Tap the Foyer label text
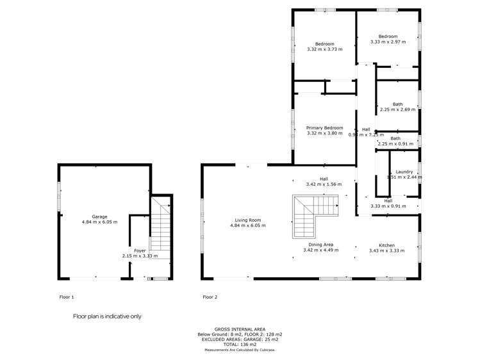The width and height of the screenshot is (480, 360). [x=140, y=250]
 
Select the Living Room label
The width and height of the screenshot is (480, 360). [x=247, y=220]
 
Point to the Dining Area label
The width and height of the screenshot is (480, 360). [x=319, y=245]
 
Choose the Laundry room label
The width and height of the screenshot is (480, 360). [x=404, y=172]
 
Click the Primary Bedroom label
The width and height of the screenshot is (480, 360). [x=325, y=127]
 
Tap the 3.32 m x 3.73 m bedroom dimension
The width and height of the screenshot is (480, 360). [x=325, y=49]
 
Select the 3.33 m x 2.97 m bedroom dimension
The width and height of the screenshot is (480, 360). [x=388, y=42]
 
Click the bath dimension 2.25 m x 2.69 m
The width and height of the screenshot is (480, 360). [x=397, y=110]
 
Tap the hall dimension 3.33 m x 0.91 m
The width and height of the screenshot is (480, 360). [x=388, y=206]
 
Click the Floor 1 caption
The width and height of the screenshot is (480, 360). [x=67, y=297]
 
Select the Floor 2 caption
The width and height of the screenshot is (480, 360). [x=210, y=297]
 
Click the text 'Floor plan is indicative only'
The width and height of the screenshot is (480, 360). [x=107, y=316]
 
